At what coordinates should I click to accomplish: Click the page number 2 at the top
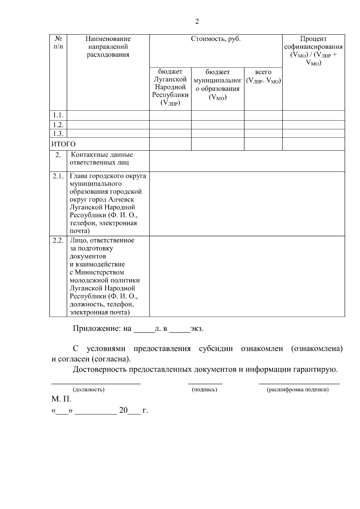point(197,22)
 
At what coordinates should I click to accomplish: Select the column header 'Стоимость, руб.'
point(216,39)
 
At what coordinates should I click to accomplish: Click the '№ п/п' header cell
point(58,43)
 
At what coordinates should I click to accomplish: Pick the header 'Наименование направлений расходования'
point(108,47)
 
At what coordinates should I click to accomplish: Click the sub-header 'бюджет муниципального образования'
point(217,85)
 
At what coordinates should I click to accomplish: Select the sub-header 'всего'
point(263,76)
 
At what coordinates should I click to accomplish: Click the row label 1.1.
point(58,115)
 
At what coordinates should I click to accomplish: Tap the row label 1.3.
point(58,133)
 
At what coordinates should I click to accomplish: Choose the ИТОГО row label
point(64,144)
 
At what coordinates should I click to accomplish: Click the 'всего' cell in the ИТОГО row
point(263,144)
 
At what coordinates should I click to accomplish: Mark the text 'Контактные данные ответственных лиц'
point(101,159)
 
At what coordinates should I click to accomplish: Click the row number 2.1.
point(58,176)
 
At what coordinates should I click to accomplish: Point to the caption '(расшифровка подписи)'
point(298,390)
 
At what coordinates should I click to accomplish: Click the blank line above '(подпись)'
point(205,383)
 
